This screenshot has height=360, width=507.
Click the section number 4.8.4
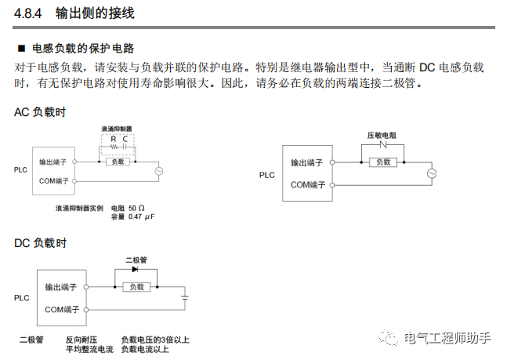coord(29,13)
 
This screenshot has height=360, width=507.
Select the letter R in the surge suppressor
coord(113,138)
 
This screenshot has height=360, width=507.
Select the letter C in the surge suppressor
coord(125,138)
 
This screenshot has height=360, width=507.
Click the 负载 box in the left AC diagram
coord(118,162)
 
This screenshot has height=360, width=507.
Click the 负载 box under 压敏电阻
coord(382,162)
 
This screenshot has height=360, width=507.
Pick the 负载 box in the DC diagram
coord(136,287)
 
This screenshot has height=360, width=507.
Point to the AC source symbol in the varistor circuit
coord(430,173)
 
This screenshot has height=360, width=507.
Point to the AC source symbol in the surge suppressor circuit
coord(158,171)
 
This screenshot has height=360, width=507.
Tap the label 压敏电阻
coord(382,135)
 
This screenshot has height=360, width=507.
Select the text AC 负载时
coord(40,111)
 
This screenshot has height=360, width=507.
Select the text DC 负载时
coord(40,243)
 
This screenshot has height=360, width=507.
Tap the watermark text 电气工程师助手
coord(447,338)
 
